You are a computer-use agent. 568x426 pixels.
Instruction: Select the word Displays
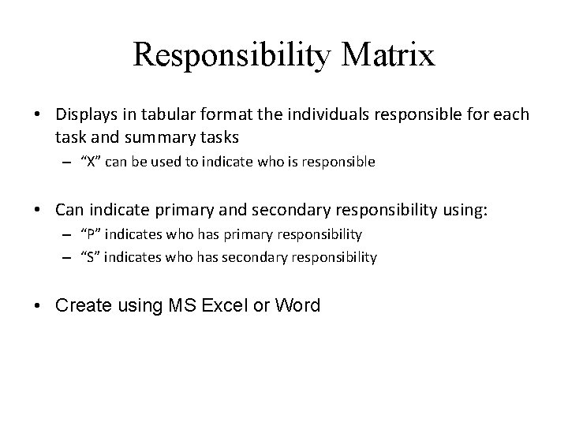(84, 116)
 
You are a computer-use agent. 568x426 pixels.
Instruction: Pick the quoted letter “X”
(92, 162)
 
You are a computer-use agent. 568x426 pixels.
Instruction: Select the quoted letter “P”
(91, 234)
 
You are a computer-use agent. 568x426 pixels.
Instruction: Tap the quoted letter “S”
(91, 256)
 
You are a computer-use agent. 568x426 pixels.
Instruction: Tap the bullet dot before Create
(39, 306)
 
